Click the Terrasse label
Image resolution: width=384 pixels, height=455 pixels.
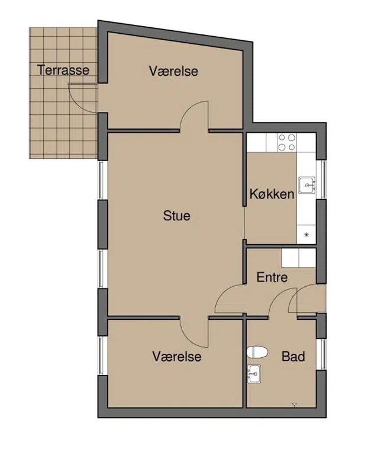pos(63,71)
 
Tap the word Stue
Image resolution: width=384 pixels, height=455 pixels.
pos(176,216)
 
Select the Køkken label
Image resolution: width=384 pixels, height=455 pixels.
pos(272,194)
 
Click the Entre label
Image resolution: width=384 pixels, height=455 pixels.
pos(272,277)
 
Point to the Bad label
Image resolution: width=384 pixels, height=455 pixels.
pos(293,356)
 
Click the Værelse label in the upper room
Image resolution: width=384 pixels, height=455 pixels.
pos(173,71)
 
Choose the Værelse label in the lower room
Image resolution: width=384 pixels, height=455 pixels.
pos(177,356)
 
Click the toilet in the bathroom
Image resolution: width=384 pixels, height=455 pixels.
pos(257,353)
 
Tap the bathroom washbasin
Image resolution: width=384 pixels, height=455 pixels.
pos(254,374)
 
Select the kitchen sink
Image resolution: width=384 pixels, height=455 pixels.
pos(307,185)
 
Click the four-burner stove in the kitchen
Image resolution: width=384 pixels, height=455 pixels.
pos(286,142)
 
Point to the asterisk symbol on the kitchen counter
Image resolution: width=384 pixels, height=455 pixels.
pos(306,235)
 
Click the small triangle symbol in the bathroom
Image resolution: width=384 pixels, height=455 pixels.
pos(295,404)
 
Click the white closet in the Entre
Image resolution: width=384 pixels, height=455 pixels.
pos(299,258)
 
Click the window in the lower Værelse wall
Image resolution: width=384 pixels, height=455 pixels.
pos(102,355)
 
